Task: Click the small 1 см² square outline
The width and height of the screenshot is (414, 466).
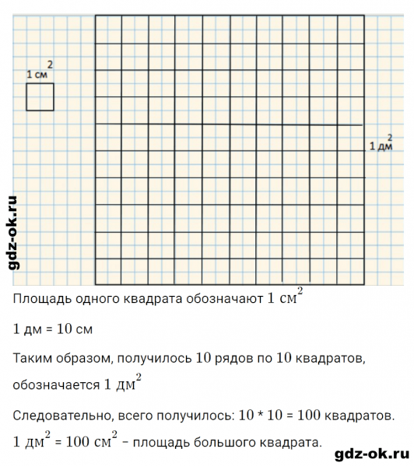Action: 40,97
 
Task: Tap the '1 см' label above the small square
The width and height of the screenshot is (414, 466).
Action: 37,75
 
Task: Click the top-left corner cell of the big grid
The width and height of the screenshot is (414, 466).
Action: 108,29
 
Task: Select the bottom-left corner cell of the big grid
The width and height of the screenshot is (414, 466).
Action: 108,272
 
